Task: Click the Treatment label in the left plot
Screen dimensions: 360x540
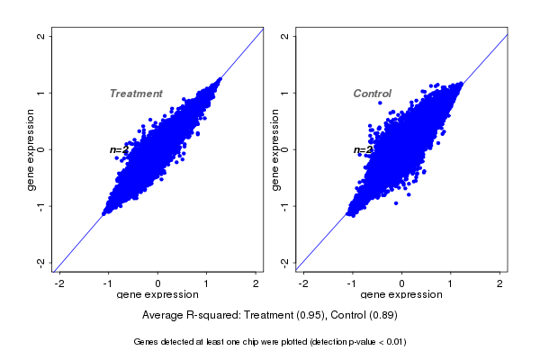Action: tap(136, 94)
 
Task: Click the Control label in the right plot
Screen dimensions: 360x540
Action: tap(372, 94)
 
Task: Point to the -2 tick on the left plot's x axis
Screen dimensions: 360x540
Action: tap(60, 283)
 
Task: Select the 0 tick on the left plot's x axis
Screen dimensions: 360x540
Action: tap(158, 283)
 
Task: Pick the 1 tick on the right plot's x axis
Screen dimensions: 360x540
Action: tap(451, 283)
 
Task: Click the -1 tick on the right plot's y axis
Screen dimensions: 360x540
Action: tap(284, 206)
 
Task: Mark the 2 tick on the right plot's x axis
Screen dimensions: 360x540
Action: tap(500, 283)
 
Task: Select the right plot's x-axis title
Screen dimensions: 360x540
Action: tap(401, 294)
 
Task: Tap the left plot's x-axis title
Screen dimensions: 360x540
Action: tap(158, 294)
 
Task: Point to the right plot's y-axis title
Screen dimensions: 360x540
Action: tap(274, 150)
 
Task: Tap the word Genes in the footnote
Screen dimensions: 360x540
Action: tap(147, 342)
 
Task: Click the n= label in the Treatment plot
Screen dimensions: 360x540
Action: tap(116, 149)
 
